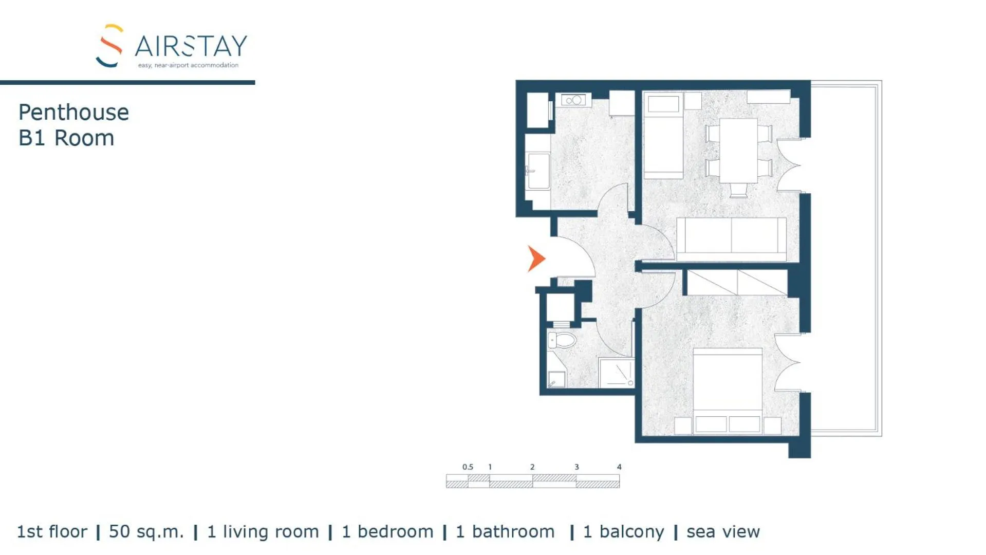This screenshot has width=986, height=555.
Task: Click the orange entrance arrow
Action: [536, 258]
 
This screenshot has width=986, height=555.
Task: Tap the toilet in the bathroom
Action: [562, 340]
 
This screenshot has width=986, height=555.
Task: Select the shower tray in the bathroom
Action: [617, 373]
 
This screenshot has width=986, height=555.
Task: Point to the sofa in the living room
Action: [731, 239]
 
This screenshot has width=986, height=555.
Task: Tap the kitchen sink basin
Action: [537, 171]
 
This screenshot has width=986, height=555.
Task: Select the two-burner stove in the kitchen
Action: [573, 100]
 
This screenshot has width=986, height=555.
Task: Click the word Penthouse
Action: [73, 113]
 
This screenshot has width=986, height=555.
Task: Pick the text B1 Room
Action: [66, 138]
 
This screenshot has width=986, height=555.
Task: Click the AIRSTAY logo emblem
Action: [110, 46]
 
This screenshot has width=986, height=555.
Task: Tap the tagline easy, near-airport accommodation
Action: [188, 65]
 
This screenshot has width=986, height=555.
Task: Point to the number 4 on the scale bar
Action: [619, 467]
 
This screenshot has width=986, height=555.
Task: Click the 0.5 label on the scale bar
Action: [467, 467]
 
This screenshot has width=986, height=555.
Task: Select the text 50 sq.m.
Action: [146, 532]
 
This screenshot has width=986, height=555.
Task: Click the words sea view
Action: [722, 532]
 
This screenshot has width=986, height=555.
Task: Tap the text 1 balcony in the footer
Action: [623, 532]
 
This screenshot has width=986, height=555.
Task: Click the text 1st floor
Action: [52, 532]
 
